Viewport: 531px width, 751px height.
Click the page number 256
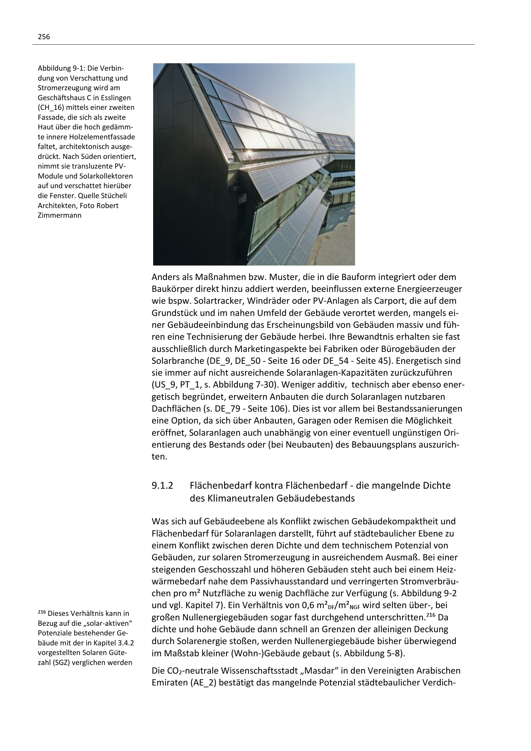click(44, 37)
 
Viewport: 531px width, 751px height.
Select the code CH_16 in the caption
click(50, 108)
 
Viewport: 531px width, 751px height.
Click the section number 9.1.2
click(162, 485)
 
